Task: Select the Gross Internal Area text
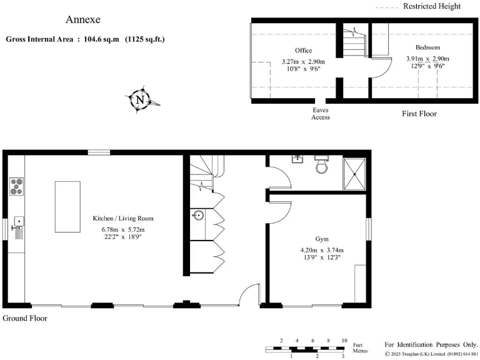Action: pos(85,39)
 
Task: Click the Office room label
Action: pos(303,51)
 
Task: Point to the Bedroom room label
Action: pos(427,47)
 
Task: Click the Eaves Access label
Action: pos(321,113)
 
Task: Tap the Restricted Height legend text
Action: pos(431,6)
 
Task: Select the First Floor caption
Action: pos(419,114)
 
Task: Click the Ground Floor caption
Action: pos(25,318)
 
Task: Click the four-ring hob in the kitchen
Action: pos(16,186)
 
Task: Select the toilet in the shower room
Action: pos(322,164)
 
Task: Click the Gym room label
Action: pos(322,240)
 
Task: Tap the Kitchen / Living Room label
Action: pos(123,219)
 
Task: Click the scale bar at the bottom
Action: pos(306,348)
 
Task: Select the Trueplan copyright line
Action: pos(431,354)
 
